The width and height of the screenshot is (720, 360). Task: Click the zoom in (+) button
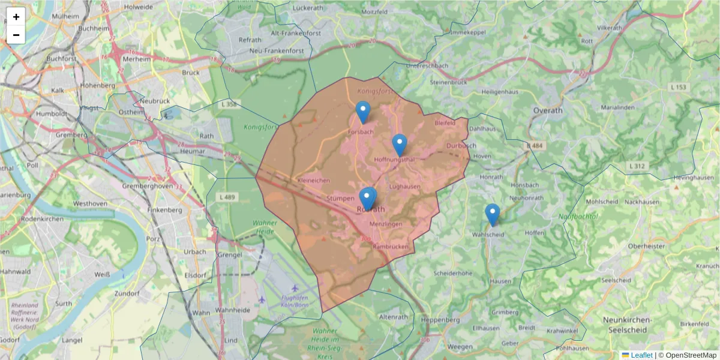tap(16, 17)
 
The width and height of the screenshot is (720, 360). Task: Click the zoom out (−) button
tap(16, 35)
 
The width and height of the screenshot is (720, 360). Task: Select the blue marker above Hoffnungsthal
tap(400, 145)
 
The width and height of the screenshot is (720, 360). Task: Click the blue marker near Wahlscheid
tap(492, 214)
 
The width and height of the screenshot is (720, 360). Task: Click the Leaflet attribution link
tap(641, 355)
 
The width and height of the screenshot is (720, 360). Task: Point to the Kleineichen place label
tap(313, 180)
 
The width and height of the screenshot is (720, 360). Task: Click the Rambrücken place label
tap(390, 247)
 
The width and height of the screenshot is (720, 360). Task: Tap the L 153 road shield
tap(678, 88)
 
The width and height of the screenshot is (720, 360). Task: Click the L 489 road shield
tap(229, 197)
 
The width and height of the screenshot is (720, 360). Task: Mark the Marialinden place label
tap(617, 107)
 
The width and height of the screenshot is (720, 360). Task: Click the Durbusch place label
tap(461, 146)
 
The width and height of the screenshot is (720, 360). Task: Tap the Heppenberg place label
tap(440, 320)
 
